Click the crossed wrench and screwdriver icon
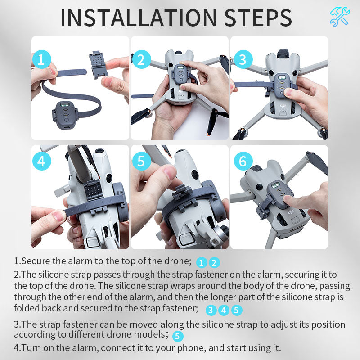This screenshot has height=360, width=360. (x=339, y=17)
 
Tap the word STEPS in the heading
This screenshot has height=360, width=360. (x=256, y=18)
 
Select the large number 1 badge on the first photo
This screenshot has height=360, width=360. (x=41, y=59)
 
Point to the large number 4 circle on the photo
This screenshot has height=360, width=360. (x=41, y=161)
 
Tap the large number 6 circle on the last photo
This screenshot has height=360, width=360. (x=243, y=161)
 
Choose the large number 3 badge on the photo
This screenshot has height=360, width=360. (x=243, y=59)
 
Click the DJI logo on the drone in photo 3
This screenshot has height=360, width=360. (x=283, y=105)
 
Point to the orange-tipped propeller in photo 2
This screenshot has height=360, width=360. (x=211, y=126)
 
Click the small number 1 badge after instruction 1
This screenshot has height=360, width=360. (x=202, y=263)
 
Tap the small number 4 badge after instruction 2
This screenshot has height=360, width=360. (x=224, y=310)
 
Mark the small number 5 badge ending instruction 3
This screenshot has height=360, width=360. (x=178, y=336)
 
